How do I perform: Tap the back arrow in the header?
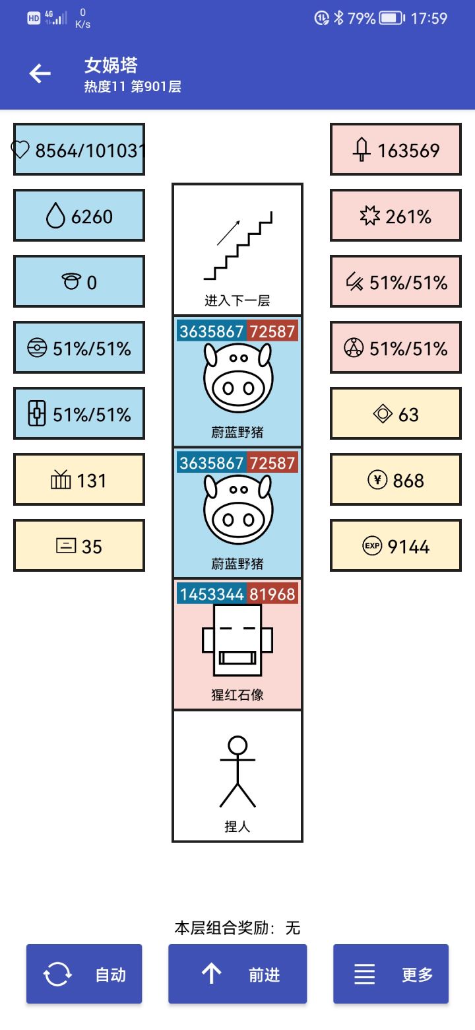[x=40, y=73]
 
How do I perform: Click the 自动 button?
[x=84, y=974]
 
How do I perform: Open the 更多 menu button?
[x=391, y=974]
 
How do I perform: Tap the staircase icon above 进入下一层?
[x=237, y=246]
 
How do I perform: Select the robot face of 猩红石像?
[x=237, y=640]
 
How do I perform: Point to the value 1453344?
[x=212, y=594]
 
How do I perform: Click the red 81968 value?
[x=272, y=594]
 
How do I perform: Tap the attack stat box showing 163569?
[x=396, y=150]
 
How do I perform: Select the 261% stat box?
[x=396, y=216]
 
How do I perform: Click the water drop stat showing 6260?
[x=79, y=216]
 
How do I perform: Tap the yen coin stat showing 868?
[x=396, y=480]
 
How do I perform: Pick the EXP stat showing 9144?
[x=396, y=546]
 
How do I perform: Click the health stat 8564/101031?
[x=79, y=150]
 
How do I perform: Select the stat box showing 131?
[x=79, y=480]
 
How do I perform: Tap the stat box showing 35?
[x=79, y=546]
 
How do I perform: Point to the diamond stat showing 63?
[x=396, y=414]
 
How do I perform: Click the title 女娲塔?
[x=111, y=65]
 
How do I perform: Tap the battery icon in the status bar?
[x=392, y=18]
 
